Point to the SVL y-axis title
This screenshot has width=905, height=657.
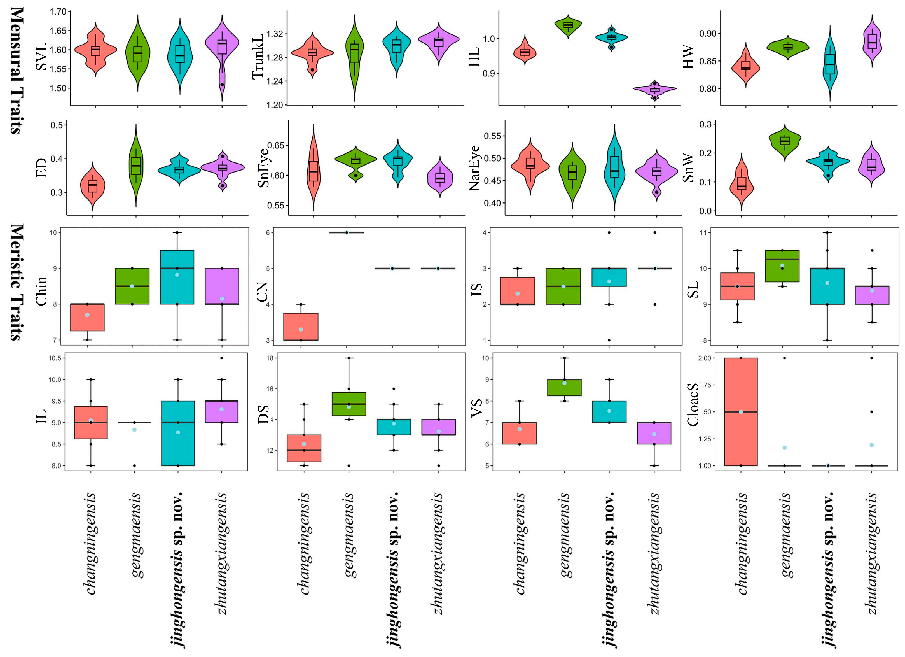pos(41,57)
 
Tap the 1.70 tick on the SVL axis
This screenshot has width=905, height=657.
pos(58,11)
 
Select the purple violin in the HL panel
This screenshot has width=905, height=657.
pos(654,89)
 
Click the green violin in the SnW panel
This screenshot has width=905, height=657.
pos(785,142)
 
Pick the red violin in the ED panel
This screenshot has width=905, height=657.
pos(93,186)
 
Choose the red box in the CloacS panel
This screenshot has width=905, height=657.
pos(741,411)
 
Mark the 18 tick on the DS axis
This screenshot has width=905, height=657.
pos(270,358)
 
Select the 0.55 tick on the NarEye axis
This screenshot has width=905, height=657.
pos(492,136)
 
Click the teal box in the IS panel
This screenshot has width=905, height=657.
pos(609,277)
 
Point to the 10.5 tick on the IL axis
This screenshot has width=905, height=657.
pos(55,358)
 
